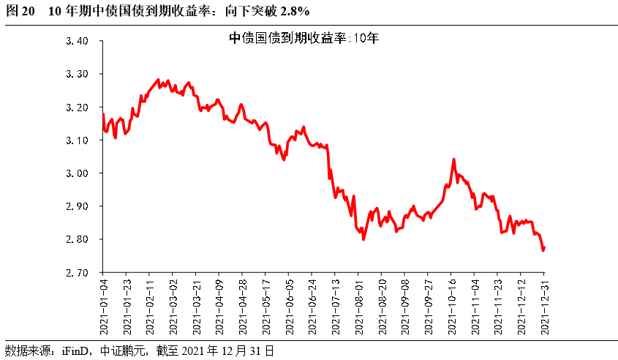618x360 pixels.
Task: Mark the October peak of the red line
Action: pyautogui.click(x=453, y=159)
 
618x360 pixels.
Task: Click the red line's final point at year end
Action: pyautogui.click(x=544, y=247)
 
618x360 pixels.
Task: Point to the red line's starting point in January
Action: pyautogui.click(x=103, y=113)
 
